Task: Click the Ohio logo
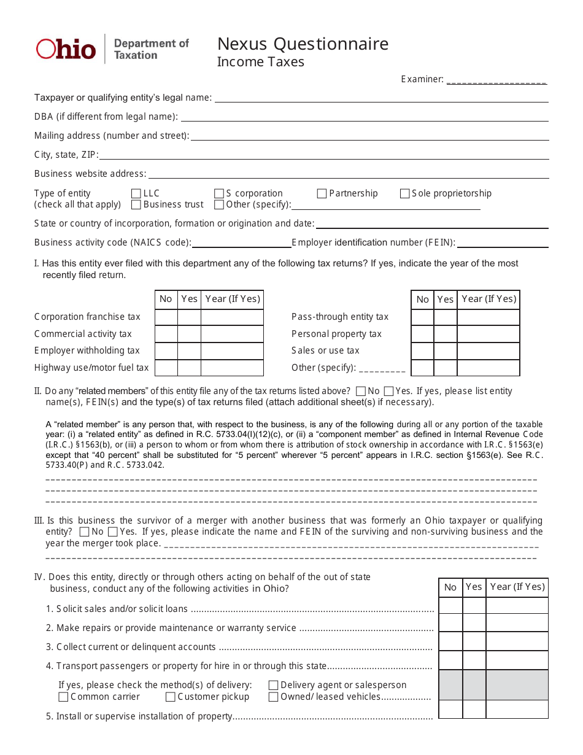(x=66, y=49)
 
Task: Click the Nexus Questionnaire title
(x=303, y=44)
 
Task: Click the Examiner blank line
(x=496, y=80)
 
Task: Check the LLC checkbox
(x=136, y=193)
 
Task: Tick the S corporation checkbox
(x=219, y=193)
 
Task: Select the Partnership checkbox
(x=322, y=193)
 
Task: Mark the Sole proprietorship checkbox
(x=404, y=193)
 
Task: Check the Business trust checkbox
(x=136, y=204)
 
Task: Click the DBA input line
(x=365, y=117)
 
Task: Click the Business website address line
(x=349, y=174)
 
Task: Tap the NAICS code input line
(x=242, y=243)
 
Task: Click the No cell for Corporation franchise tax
(x=166, y=317)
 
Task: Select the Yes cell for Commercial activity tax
(x=189, y=334)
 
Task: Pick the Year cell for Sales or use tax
(x=488, y=350)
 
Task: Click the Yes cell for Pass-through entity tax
(x=446, y=317)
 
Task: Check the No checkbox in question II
(x=361, y=391)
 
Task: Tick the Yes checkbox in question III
(x=113, y=532)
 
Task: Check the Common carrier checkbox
(x=63, y=697)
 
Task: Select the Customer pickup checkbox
(x=171, y=697)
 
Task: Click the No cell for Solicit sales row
(x=450, y=606)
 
